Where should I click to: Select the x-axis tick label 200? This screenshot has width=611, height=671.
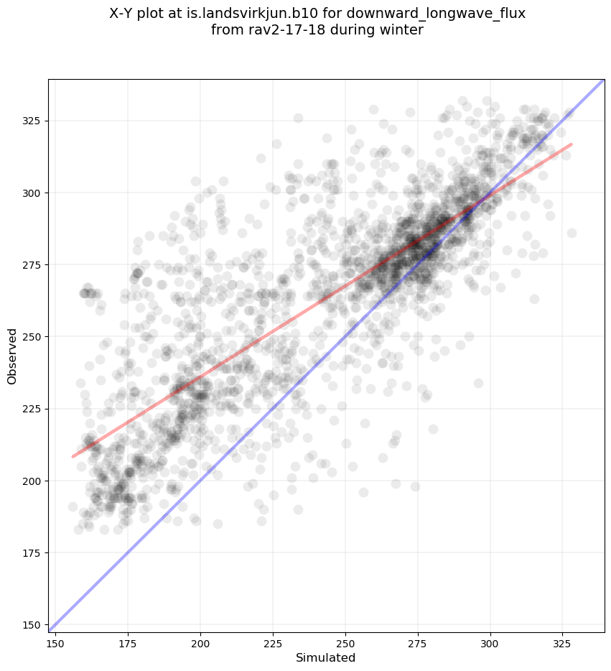(200, 642)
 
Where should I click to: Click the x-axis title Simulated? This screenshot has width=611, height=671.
(326, 657)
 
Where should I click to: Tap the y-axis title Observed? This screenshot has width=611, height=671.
(12, 356)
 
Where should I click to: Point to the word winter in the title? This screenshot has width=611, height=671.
(404, 30)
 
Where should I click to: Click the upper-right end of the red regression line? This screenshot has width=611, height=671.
(572, 144)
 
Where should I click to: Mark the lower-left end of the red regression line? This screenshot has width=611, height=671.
(73, 456)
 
